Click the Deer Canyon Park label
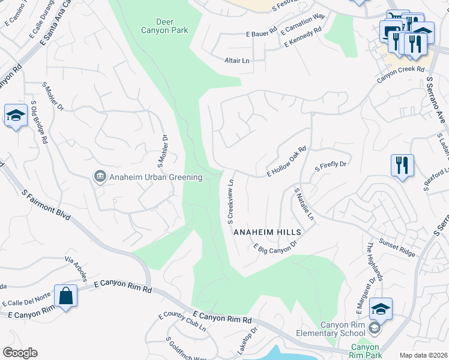click(x=164, y=26)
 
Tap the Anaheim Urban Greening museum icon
click(x=100, y=176)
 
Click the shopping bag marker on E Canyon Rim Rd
click(x=65, y=296)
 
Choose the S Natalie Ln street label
click(x=304, y=204)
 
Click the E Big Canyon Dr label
click(x=276, y=247)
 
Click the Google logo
click(x=20, y=353)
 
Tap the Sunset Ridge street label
click(x=399, y=249)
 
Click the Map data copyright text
click(x=423, y=355)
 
